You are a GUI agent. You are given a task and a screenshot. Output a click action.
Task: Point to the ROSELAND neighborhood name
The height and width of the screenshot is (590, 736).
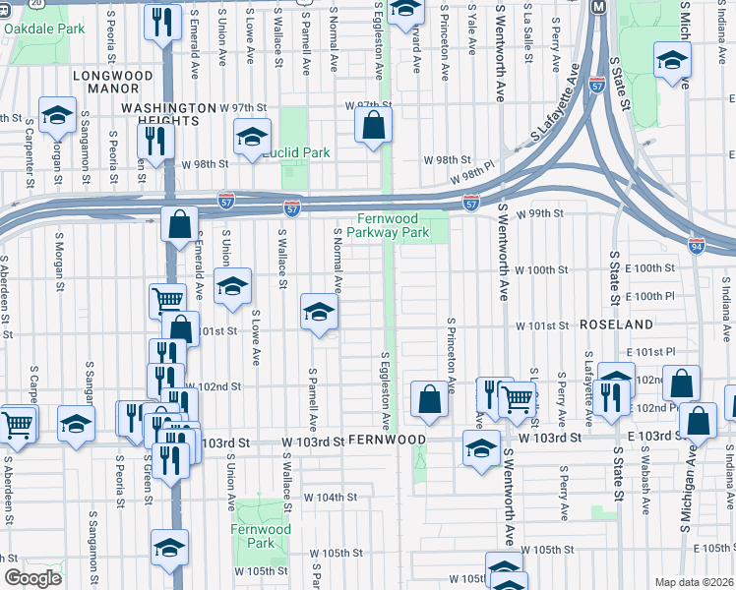click(617, 324)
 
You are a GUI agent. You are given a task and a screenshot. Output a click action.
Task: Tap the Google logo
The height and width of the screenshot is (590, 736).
click(31, 578)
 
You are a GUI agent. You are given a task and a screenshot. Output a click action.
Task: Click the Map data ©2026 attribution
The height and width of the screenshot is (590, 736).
click(694, 582)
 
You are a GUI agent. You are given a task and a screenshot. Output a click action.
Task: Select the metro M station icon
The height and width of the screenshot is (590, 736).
click(597, 7)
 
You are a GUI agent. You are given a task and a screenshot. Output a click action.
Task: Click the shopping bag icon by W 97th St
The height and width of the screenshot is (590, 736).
click(374, 125)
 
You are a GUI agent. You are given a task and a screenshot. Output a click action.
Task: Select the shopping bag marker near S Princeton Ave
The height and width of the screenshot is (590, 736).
click(429, 398)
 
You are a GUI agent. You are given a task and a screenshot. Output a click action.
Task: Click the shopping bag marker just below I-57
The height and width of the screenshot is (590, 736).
click(180, 224)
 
